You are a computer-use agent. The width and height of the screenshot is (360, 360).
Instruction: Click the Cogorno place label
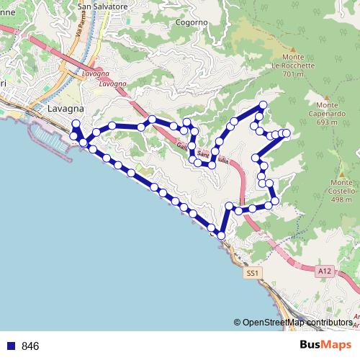click(x=192, y=22)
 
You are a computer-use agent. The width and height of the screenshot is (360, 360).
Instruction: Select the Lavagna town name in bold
click(x=66, y=108)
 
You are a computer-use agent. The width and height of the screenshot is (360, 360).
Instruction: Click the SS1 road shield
click(x=251, y=274)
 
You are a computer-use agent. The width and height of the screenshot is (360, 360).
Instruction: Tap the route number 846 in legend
click(x=30, y=346)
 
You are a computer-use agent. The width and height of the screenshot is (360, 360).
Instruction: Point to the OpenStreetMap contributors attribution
click(x=297, y=323)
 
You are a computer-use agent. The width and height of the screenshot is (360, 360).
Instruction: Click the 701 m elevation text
click(x=289, y=74)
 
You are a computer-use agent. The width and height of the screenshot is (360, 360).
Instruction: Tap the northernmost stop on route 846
click(x=262, y=106)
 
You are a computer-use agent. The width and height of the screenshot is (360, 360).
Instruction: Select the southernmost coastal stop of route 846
click(x=221, y=236)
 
